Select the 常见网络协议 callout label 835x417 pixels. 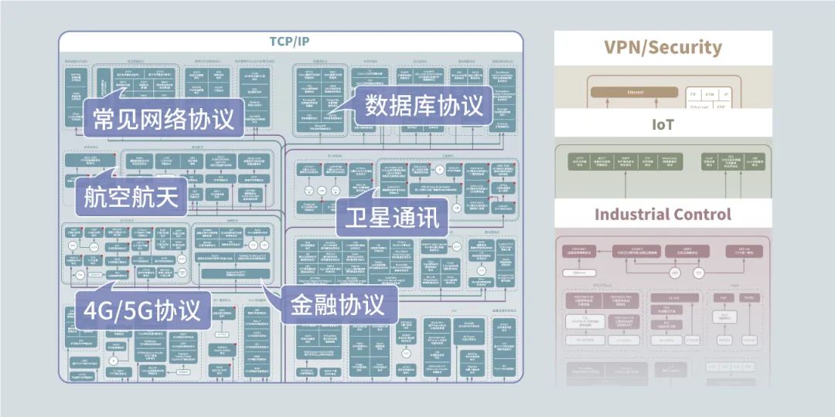click(x=163, y=119)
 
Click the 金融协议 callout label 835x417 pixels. click(x=337, y=303)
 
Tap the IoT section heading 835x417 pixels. click(x=663, y=124)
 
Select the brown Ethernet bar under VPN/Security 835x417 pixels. click(x=635, y=93)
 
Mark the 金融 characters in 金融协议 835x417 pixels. click(x=312, y=303)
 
